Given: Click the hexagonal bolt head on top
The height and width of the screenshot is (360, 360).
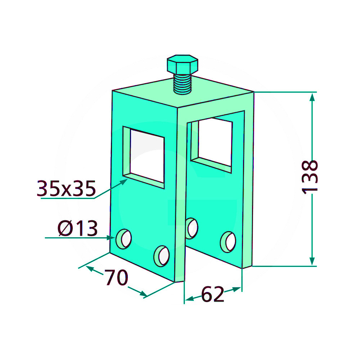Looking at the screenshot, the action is pos(183,64).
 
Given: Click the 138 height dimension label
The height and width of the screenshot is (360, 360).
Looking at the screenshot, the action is pos(310,177).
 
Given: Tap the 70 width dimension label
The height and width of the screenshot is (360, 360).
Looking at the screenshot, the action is pos(116,277).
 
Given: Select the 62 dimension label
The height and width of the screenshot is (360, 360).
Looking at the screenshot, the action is pos(212,294).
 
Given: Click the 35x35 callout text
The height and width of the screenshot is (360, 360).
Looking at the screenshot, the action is pos(66,188).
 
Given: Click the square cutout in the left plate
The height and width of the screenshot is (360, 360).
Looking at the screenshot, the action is pos(144,157).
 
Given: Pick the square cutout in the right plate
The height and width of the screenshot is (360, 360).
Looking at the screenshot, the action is pos(212,145).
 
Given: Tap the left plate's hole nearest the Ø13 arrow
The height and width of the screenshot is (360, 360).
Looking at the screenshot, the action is pos(123,239).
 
